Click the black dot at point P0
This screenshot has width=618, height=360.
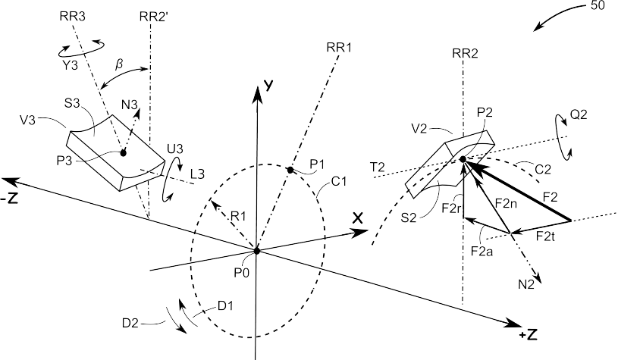pyautogui.click(x=256, y=251)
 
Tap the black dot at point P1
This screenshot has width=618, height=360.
pyautogui.click(x=290, y=171)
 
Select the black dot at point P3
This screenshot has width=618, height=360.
pyautogui.click(x=123, y=153)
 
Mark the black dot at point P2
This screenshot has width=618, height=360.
pyautogui.click(x=463, y=159)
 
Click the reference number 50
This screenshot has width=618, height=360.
pyautogui.click(x=598, y=6)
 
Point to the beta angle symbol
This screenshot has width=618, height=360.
pyautogui.click(x=119, y=64)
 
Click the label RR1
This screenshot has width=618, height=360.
pyautogui.click(x=338, y=48)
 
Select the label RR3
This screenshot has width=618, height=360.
pyautogui.click(x=73, y=16)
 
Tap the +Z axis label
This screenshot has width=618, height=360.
pyautogui.click(x=529, y=335)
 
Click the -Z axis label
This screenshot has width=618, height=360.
pyautogui.click(x=9, y=199)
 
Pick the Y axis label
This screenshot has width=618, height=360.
pyautogui.click(x=268, y=85)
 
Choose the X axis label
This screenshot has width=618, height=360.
pyautogui.click(x=357, y=218)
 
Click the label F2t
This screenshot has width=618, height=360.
pyautogui.click(x=546, y=236)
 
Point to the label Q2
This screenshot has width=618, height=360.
pyautogui.click(x=579, y=114)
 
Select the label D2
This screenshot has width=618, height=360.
pyautogui.click(x=130, y=324)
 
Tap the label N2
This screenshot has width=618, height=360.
pyautogui.click(x=526, y=284)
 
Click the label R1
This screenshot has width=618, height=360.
pyautogui.click(x=238, y=216)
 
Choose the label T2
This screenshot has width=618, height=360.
pyautogui.click(x=377, y=167)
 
